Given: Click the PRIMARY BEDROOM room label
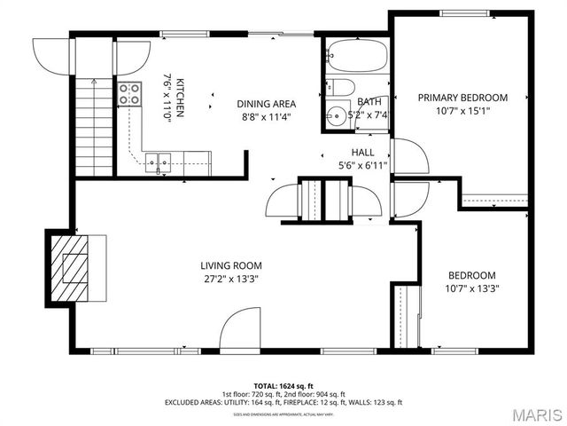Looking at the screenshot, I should [x=462, y=97].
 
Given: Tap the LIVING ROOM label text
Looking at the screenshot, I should [x=230, y=264].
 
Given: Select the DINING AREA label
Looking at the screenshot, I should [x=266, y=103].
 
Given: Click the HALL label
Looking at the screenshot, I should [x=362, y=153].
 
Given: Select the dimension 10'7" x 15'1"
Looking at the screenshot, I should [x=462, y=111].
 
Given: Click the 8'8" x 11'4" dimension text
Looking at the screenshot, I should [x=265, y=116].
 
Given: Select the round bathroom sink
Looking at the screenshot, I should [x=336, y=115].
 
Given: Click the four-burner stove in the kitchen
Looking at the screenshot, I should [x=129, y=94].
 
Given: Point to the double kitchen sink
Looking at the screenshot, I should [x=159, y=162].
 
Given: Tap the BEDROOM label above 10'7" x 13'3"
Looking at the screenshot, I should [x=471, y=275].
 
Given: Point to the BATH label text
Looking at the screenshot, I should [x=368, y=101].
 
